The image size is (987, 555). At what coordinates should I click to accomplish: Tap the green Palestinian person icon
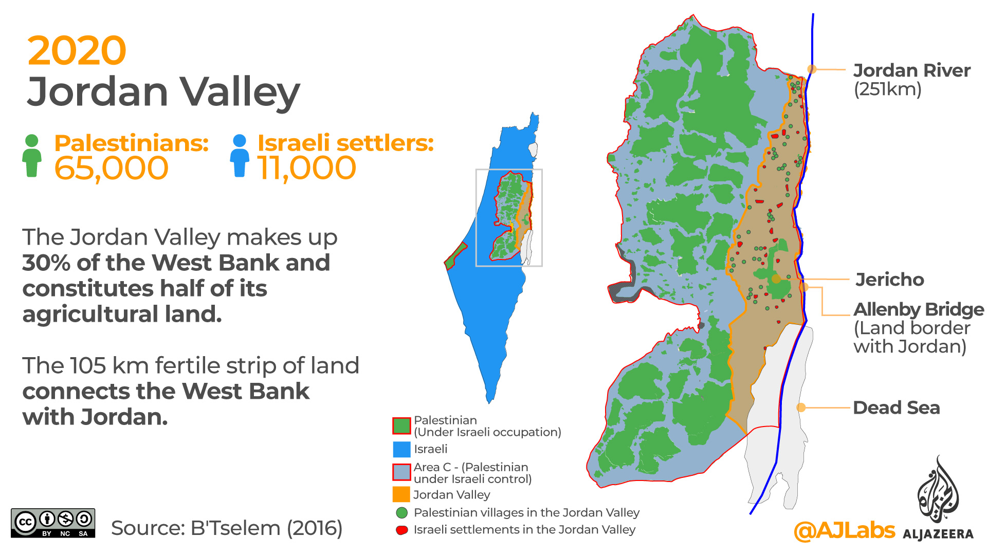tap(32, 156)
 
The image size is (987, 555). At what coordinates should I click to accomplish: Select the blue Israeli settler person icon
tap(240, 156)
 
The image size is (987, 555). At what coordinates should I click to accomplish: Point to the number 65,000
tap(111, 168)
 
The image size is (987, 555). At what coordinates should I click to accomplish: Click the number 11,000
tap(306, 168)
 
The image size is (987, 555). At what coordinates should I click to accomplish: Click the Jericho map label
tap(889, 280)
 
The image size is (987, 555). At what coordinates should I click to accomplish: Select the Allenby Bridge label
tap(919, 309)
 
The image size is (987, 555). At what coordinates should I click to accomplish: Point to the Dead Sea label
tap(896, 408)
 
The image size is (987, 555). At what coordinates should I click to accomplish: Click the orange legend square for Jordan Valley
tap(401, 494)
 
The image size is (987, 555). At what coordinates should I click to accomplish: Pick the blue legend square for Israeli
tap(401, 449)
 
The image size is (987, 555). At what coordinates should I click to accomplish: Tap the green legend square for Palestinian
tap(401, 426)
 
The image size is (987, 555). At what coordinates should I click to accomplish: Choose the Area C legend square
tap(401, 472)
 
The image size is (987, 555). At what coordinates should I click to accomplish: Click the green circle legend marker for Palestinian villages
tap(402, 513)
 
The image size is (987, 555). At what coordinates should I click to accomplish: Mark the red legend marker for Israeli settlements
tap(402, 530)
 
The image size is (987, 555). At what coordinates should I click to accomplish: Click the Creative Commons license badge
tap(53, 523)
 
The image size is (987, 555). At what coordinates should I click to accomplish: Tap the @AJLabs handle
tap(844, 530)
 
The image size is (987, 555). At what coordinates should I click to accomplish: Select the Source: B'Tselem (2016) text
tap(227, 528)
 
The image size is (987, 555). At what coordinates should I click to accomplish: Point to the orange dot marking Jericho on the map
tap(776, 279)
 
